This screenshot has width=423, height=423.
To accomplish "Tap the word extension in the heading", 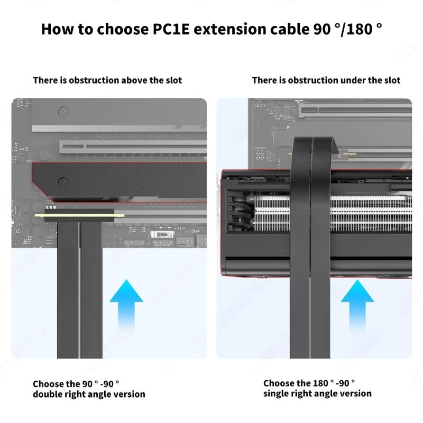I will tap(228, 29).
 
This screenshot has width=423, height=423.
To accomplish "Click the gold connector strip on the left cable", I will tap(79, 216).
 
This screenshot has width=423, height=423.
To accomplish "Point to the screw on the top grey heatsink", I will tap(64, 112).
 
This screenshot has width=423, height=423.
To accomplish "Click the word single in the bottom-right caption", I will tap(277, 393).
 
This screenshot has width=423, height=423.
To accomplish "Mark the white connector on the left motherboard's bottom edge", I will tap(161, 234).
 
